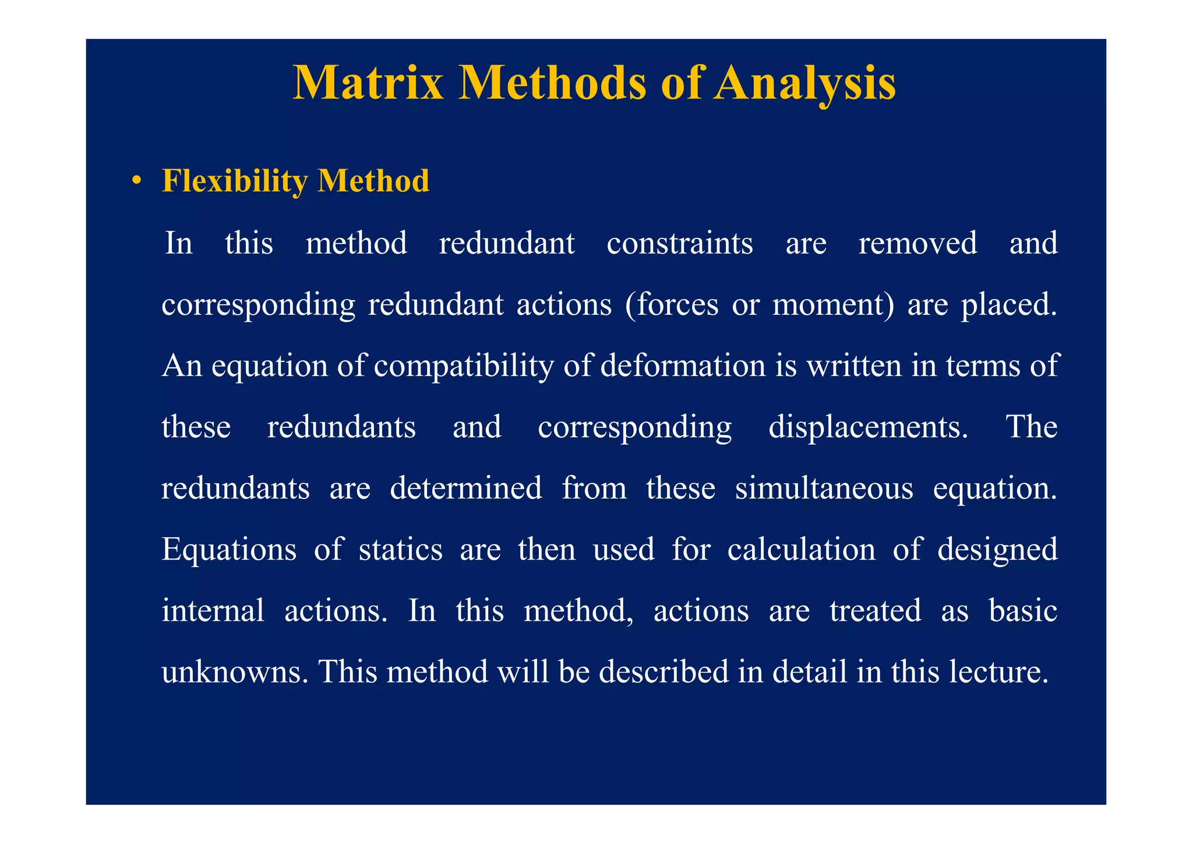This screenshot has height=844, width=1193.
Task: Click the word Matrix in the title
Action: click(368, 83)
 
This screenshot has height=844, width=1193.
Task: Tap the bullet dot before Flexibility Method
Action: click(136, 181)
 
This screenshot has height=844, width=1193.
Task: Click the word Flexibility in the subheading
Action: click(234, 181)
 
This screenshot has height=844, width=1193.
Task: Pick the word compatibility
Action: click(464, 366)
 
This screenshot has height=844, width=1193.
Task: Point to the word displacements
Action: click(867, 427)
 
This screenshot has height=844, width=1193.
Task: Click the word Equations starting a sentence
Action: click(229, 549)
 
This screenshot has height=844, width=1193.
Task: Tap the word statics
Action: click(400, 549)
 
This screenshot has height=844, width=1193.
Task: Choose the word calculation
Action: click(801, 549)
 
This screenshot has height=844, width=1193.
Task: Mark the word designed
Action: click(997, 549)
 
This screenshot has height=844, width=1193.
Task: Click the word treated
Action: click(875, 610)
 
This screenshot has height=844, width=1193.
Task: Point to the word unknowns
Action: click(235, 671)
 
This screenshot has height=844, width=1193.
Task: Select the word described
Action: click(663, 671)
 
